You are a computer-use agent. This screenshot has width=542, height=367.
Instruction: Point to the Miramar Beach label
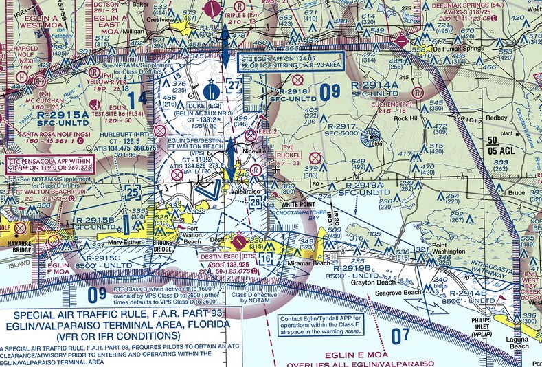[x=313, y=263]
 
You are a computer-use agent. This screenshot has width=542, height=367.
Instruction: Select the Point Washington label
[x=449, y=249]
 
